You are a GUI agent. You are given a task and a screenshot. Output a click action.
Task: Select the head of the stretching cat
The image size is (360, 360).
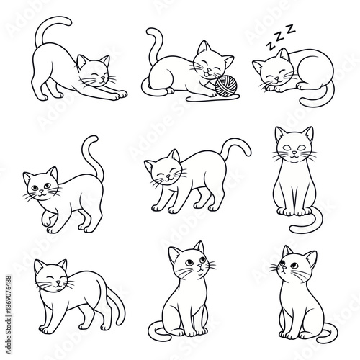pos(93,72)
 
